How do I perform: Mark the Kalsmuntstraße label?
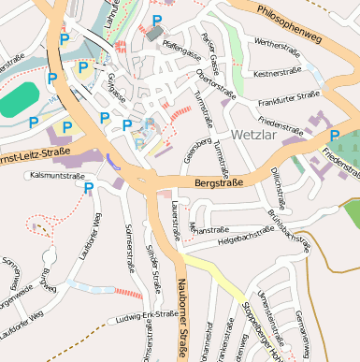(x=58, y=174)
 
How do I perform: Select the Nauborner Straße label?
(x=179, y=318)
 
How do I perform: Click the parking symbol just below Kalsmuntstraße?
(x=89, y=189)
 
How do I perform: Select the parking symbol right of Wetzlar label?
(x=334, y=137)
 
